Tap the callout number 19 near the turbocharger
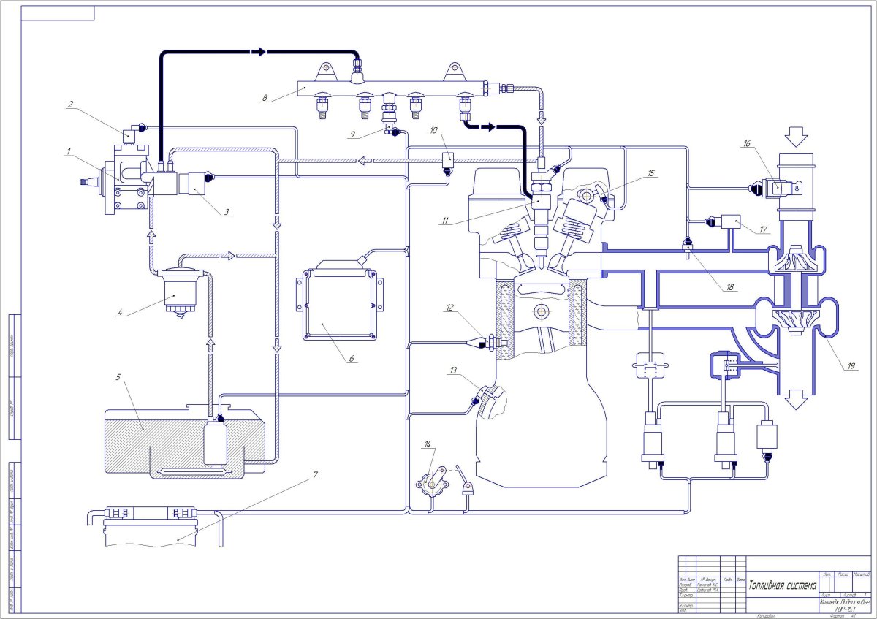(x=850, y=367)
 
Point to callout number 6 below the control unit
(x=351, y=360)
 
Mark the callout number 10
(x=434, y=131)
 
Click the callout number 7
(x=315, y=474)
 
